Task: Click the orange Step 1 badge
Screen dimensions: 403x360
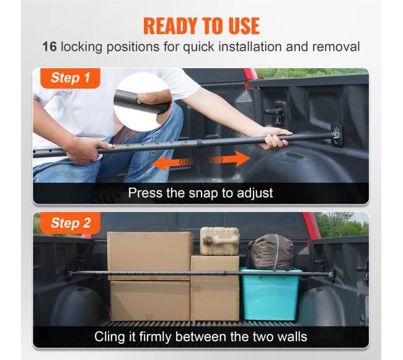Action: [x=70, y=78]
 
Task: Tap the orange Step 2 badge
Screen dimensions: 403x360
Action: [x=71, y=223]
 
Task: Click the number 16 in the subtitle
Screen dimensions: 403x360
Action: [x=50, y=46]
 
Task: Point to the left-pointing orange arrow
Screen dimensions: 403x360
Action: [x=173, y=163]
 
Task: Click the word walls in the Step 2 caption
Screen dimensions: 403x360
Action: [x=293, y=336]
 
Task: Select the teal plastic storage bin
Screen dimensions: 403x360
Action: [x=270, y=294]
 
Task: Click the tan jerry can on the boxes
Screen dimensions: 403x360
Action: [x=219, y=241]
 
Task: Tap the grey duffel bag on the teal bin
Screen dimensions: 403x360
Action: [x=271, y=252]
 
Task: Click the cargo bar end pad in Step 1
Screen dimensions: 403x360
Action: [x=337, y=135]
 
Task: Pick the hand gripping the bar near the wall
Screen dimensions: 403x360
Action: [x=275, y=138]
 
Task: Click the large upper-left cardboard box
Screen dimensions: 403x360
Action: [x=150, y=256]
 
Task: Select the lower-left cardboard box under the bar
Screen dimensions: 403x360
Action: [x=150, y=301]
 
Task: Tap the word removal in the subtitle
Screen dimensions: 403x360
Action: [x=336, y=47]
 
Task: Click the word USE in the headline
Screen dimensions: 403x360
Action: [x=244, y=25]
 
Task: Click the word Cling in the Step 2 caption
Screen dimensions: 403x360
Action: [x=110, y=336]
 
